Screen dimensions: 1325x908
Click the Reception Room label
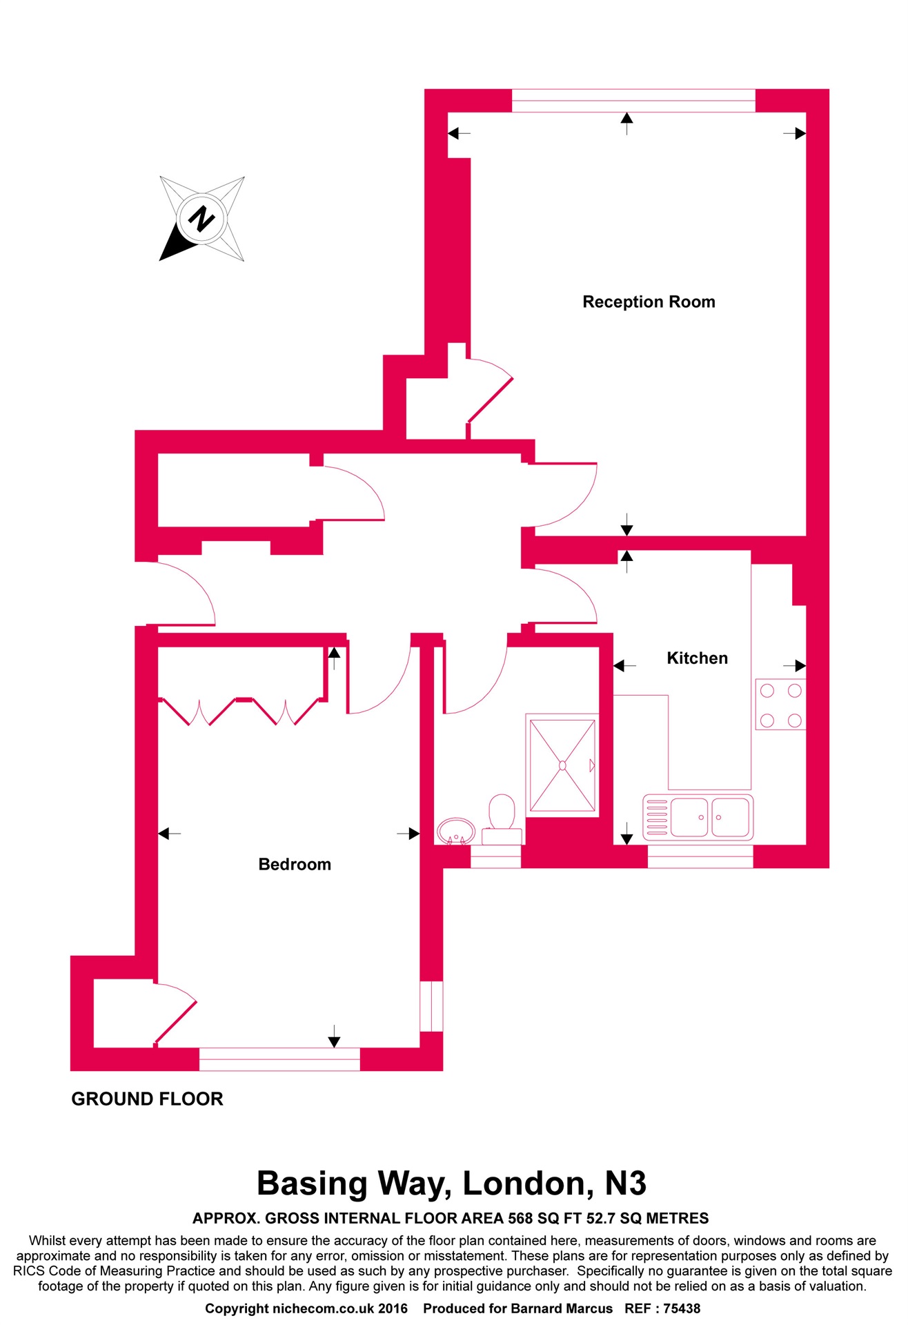click(649, 302)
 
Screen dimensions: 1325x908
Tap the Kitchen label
click(697, 658)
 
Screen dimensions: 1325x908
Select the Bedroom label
click(295, 865)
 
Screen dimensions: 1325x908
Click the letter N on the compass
click(201, 219)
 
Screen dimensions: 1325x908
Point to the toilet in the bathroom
click(502, 818)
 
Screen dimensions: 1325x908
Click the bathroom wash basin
click(456, 831)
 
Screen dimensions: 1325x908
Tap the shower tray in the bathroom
click(562, 765)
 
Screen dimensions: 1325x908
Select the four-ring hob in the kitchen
click(780, 705)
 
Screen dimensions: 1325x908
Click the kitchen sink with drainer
click(698, 818)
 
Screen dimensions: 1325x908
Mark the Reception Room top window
click(633, 101)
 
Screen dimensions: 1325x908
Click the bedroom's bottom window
click(279, 1059)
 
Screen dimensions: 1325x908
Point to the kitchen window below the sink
click(700, 856)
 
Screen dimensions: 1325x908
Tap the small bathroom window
click(495, 856)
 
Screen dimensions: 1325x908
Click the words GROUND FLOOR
click(147, 1099)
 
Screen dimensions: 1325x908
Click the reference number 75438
click(681, 1309)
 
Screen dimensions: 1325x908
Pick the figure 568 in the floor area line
click(521, 1219)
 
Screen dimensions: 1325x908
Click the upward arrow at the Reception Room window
click(626, 123)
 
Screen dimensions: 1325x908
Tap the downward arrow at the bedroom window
click(334, 1037)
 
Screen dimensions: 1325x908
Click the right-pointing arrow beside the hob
click(796, 666)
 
